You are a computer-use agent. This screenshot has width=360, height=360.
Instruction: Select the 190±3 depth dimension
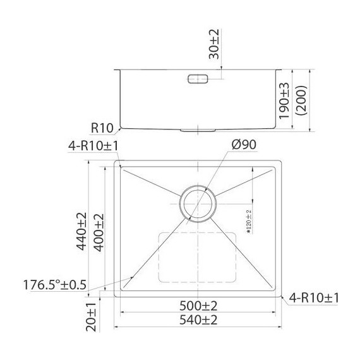pyautogui.click(x=284, y=99)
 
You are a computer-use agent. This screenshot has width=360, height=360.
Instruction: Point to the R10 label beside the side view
pyautogui.click(x=101, y=128)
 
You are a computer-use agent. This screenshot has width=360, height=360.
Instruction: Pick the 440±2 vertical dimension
pyautogui.click(x=81, y=231)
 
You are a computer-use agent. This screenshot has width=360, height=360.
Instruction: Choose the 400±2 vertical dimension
pyautogui.click(x=99, y=231)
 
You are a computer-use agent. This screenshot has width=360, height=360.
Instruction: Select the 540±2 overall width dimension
pyautogui.click(x=199, y=320)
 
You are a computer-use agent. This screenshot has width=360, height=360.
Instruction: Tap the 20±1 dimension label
pyautogui.click(x=91, y=315)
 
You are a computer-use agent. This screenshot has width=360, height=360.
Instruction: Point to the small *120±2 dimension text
pyautogui.click(x=248, y=222)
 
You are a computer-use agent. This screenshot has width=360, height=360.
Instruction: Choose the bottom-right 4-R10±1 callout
pyautogui.click(x=314, y=297)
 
